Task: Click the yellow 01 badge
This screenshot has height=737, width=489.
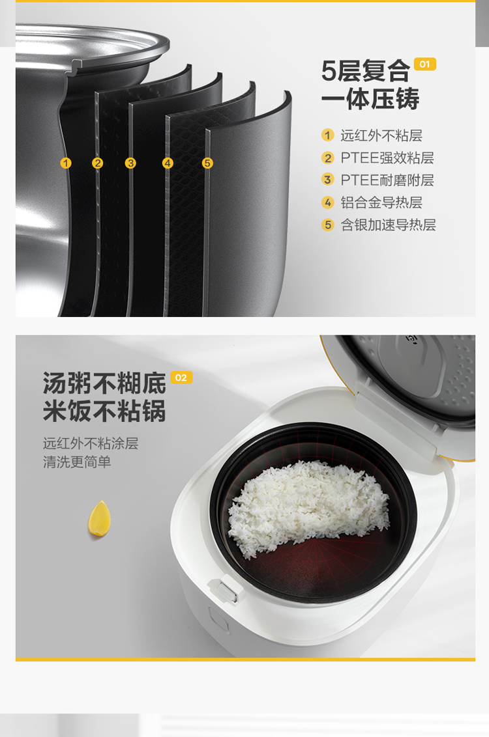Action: tap(424, 64)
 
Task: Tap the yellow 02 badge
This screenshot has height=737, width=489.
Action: tap(181, 378)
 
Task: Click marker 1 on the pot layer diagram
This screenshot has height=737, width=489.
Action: tap(66, 163)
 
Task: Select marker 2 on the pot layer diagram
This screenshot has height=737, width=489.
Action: tap(97, 163)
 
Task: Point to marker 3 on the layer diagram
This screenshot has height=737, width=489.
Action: tap(130, 163)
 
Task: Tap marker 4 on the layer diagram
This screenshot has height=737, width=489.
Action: tap(168, 163)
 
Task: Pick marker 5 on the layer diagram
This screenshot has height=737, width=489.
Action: tap(207, 163)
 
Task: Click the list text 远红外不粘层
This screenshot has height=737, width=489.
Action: tap(381, 135)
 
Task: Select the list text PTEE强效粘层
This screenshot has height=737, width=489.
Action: tap(387, 158)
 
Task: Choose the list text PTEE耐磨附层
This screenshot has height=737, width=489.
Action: tap(387, 180)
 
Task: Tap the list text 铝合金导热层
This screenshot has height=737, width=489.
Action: tap(381, 202)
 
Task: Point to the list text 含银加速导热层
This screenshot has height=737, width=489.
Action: tap(389, 225)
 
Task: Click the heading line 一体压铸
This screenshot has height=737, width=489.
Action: tap(370, 99)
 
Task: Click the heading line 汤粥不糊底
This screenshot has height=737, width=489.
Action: tap(104, 383)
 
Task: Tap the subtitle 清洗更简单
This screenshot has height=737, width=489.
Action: tap(77, 462)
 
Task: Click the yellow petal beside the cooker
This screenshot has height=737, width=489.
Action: tap(99, 518)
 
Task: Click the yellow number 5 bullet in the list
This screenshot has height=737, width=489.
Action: tap(328, 225)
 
